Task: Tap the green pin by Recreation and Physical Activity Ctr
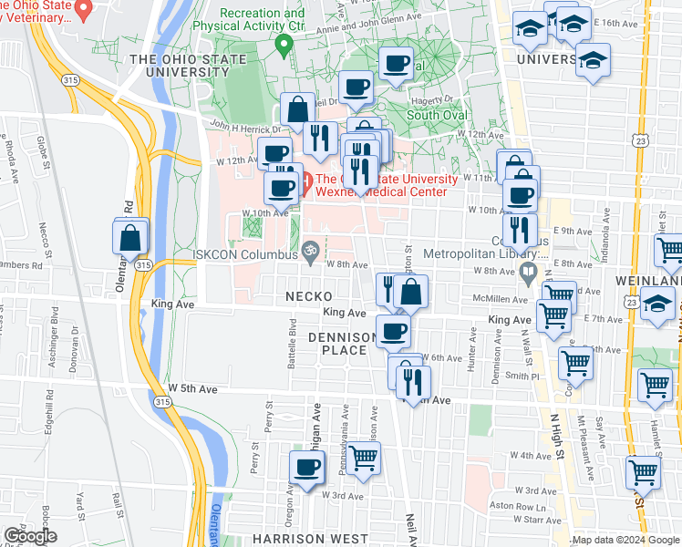[x=284, y=47]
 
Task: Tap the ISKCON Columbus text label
[x=246, y=255]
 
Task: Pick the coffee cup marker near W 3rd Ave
[x=306, y=467]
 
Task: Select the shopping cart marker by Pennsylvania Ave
[x=363, y=458]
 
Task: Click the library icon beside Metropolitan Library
[x=527, y=270]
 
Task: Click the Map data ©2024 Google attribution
[x=625, y=540]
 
